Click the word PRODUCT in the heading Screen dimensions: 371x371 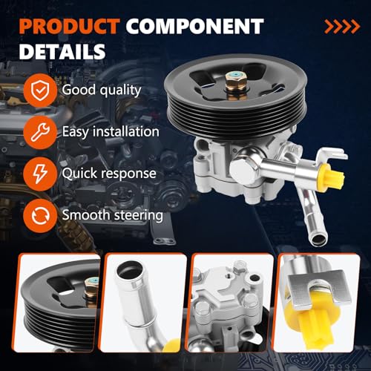[x=68, y=27]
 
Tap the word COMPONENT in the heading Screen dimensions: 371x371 [x=194, y=27]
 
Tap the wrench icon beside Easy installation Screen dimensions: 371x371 [x=37, y=131]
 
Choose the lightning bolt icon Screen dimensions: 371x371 [x=37, y=173]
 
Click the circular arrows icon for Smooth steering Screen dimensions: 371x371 [x=37, y=214]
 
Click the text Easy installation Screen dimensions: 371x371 [x=111, y=131]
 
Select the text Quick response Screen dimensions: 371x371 [x=109, y=173]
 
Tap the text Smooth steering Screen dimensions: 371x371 [x=113, y=215]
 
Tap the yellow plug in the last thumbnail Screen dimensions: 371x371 [x=319, y=326]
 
